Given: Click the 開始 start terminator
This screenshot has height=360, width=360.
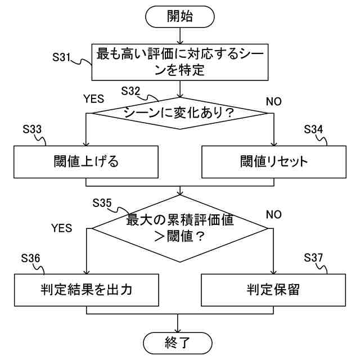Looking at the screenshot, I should point(179,16).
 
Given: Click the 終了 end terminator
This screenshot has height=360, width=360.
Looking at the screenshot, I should point(179,341).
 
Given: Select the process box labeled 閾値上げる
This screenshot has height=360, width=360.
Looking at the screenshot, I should point(85,162).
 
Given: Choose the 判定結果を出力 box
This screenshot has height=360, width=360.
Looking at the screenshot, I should point(85,290).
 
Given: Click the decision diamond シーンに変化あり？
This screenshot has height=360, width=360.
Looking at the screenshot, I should point(179,112).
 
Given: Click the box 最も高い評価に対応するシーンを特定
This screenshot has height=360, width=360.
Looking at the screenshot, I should point(179,62).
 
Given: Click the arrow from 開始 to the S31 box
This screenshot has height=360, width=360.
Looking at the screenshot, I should point(179,34).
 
